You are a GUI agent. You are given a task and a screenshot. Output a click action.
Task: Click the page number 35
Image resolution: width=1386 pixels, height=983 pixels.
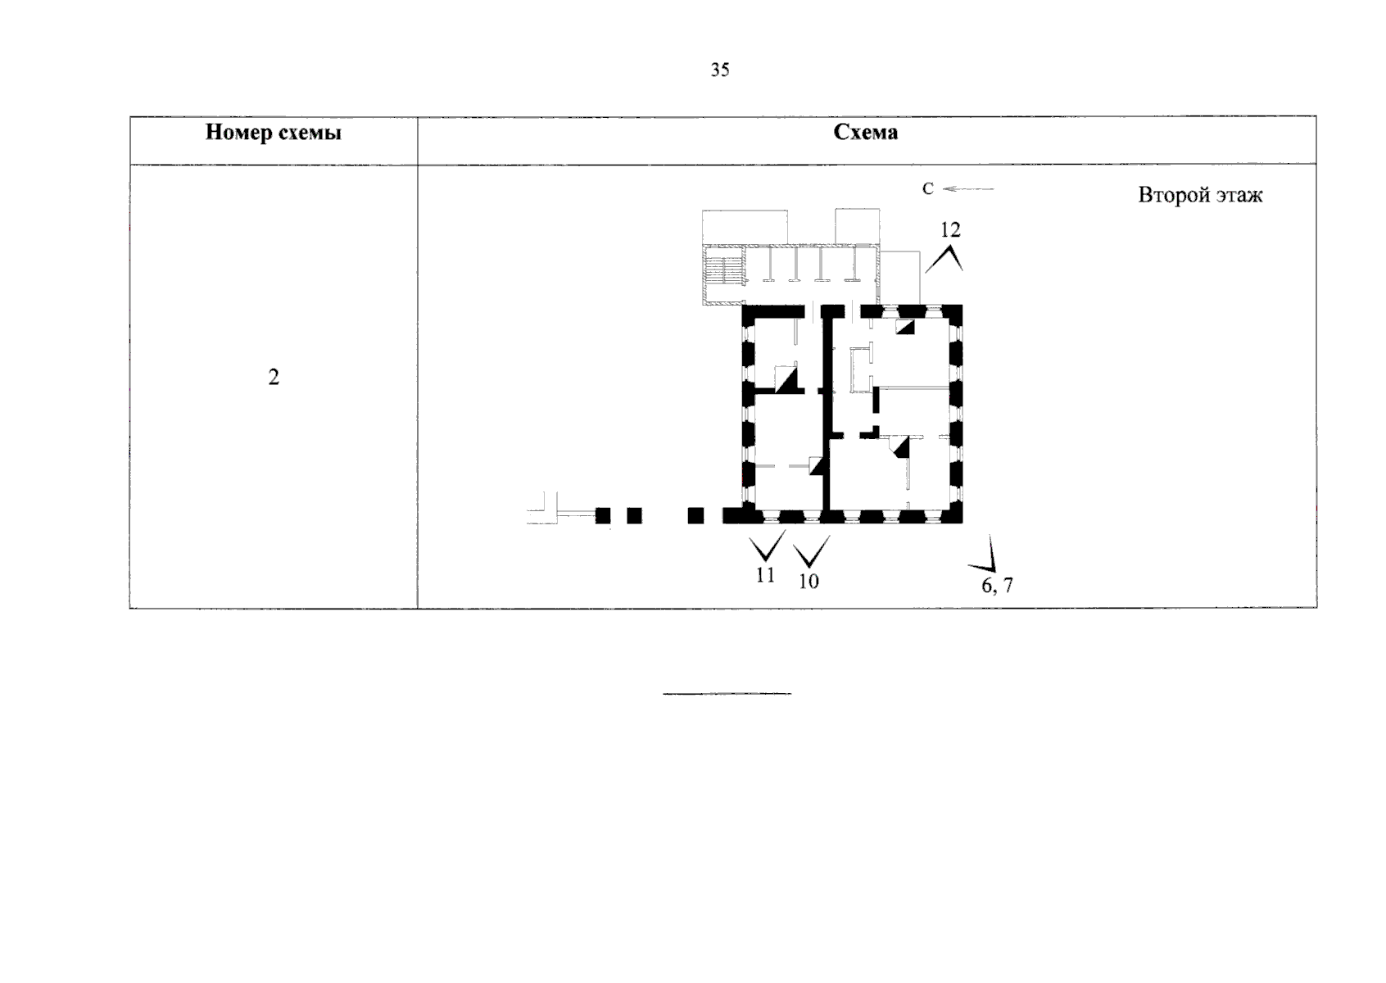[719, 70]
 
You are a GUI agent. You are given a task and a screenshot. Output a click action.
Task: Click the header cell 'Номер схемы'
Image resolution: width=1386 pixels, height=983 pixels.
[274, 133]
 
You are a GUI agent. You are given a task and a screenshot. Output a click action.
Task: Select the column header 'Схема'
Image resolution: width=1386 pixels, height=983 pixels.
[865, 132]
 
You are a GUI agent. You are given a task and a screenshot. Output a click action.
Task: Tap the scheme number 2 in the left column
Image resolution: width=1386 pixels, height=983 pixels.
[274, 377]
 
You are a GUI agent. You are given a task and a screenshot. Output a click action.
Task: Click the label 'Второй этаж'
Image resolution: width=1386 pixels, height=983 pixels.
[1200, 196]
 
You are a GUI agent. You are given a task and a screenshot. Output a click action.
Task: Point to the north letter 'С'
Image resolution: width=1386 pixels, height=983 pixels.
[927, 188]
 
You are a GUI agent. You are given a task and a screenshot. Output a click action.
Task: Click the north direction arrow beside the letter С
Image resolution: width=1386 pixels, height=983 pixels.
[968, 188]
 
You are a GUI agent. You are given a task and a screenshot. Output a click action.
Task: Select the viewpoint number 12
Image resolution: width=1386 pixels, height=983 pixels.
[950, 230]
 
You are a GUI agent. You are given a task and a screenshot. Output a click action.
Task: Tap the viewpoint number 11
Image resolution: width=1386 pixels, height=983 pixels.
[765, 575]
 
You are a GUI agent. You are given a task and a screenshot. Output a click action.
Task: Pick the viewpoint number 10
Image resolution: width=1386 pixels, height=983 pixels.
[808, 582]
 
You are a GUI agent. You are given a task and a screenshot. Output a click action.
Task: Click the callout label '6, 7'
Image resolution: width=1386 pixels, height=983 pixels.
[997, 585]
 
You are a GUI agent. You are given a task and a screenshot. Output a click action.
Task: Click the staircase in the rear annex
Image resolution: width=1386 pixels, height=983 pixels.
[724, 271]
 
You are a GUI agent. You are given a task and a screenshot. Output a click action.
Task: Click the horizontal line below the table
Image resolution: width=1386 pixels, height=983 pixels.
[727, 694]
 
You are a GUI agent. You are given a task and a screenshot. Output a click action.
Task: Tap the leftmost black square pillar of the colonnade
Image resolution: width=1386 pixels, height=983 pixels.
[603, 515]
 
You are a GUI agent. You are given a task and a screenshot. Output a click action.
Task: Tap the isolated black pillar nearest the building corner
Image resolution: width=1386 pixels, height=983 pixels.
[696, 515]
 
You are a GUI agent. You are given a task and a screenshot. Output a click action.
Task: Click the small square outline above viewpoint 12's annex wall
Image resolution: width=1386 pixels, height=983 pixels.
[857, 226]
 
